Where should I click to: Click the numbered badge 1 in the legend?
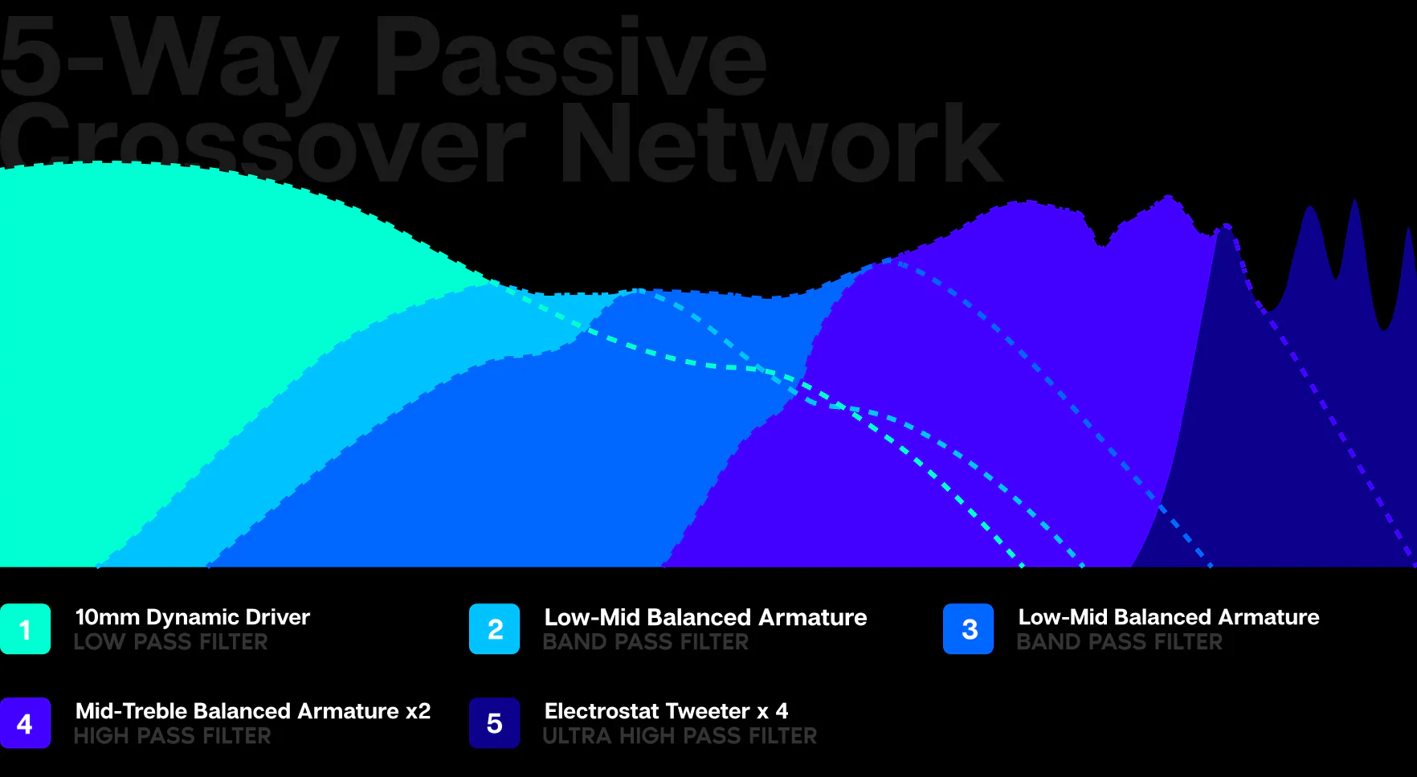coord(25,628)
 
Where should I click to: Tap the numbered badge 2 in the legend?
coord(494,628)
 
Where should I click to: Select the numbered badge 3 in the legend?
coord(968,628)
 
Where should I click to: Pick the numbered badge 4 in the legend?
coord(25,722)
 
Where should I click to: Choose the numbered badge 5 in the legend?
coord(494,722)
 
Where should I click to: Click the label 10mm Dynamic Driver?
coord(193,617)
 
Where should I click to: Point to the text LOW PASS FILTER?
coord(171,642)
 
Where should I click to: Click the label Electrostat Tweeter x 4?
coord(666,711)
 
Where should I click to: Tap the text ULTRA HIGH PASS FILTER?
coord(680,736)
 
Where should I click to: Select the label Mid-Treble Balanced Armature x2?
coord(253,711)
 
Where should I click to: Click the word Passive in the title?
coord(570,58)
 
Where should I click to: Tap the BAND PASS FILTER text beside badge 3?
coord(1119,642)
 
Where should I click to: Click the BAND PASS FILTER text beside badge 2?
coord(646,642)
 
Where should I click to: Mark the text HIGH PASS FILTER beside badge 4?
coord(173,736)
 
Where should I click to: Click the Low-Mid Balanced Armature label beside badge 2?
coord(705,617)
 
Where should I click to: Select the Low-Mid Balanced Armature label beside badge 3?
coord(1169,617)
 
